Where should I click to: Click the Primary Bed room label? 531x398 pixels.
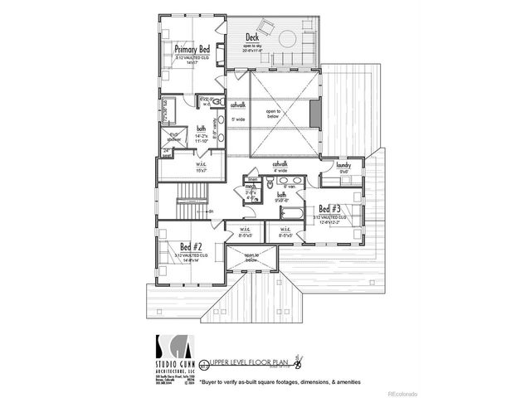(192, 50)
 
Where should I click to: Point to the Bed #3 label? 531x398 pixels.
(331, 209)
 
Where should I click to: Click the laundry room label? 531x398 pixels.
(346, 166)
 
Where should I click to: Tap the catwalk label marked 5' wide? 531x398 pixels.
(237, 106)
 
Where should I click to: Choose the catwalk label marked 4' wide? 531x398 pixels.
(280, 164)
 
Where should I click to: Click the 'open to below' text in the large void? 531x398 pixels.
(272, 114)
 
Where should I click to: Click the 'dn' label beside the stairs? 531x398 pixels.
(212, 211)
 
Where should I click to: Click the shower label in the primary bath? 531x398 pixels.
(173, 137)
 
